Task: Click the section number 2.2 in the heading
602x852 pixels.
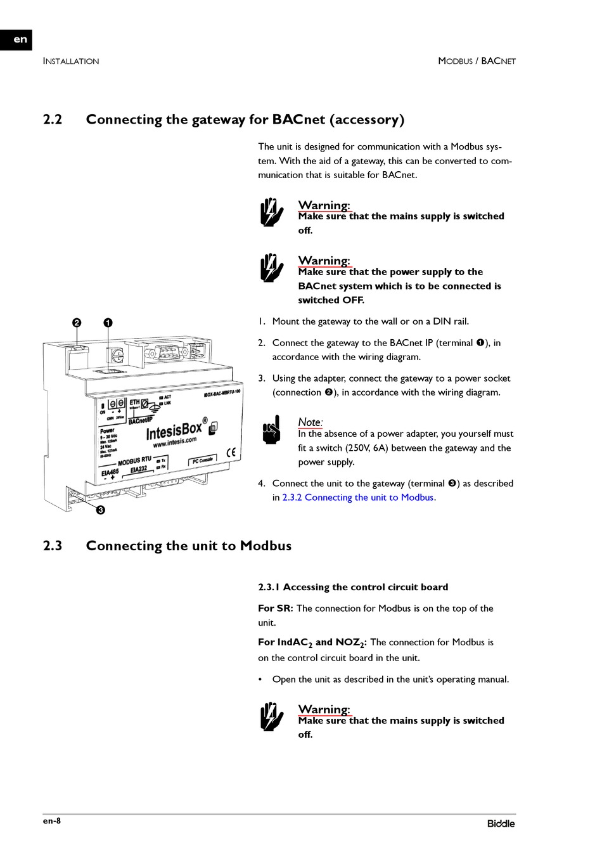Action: pyautogui.click(x=53, y=120)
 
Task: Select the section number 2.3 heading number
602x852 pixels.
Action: pyautogui.click(x=53, y=546)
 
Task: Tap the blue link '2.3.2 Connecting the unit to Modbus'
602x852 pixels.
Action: pyautogui.click(x=358, y=498)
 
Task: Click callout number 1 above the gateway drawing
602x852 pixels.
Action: pyautogui.click(x=108, y=323)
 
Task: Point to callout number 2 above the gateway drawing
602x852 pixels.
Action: pyautogui.click(x=77, y=323)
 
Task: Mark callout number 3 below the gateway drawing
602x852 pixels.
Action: pyautogui.click(x=100, y=510)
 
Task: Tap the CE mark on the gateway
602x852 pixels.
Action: pyautogui.click(x=231, y=452)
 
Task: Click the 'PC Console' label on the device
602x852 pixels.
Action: pyautogui.click(x=202, y=461)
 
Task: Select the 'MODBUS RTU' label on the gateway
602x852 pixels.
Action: pyautogui.click(x=134, y=461)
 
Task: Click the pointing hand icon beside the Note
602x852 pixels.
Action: pyautogui.click(x=271, y=430)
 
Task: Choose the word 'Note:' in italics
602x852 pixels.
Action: pyautogui.click(x=310, y=422)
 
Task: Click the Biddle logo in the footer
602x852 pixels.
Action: pyautogui.click(x=501, y=823)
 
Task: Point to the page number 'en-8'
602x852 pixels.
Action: pyautogui.click(x=52, y=822)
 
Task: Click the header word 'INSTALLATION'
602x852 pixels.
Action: pyautogui.click(x=71, y=61)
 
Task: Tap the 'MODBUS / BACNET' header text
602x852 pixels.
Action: pyautogui.click(x=477, y=61)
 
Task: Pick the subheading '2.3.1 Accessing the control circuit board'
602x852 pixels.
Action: pyautogui.click(x=353, y=588)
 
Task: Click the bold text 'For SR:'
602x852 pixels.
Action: pyautogui.click(x=276, y=609)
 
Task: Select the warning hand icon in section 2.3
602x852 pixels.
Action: pyautogui.click(x=272, y=717)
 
